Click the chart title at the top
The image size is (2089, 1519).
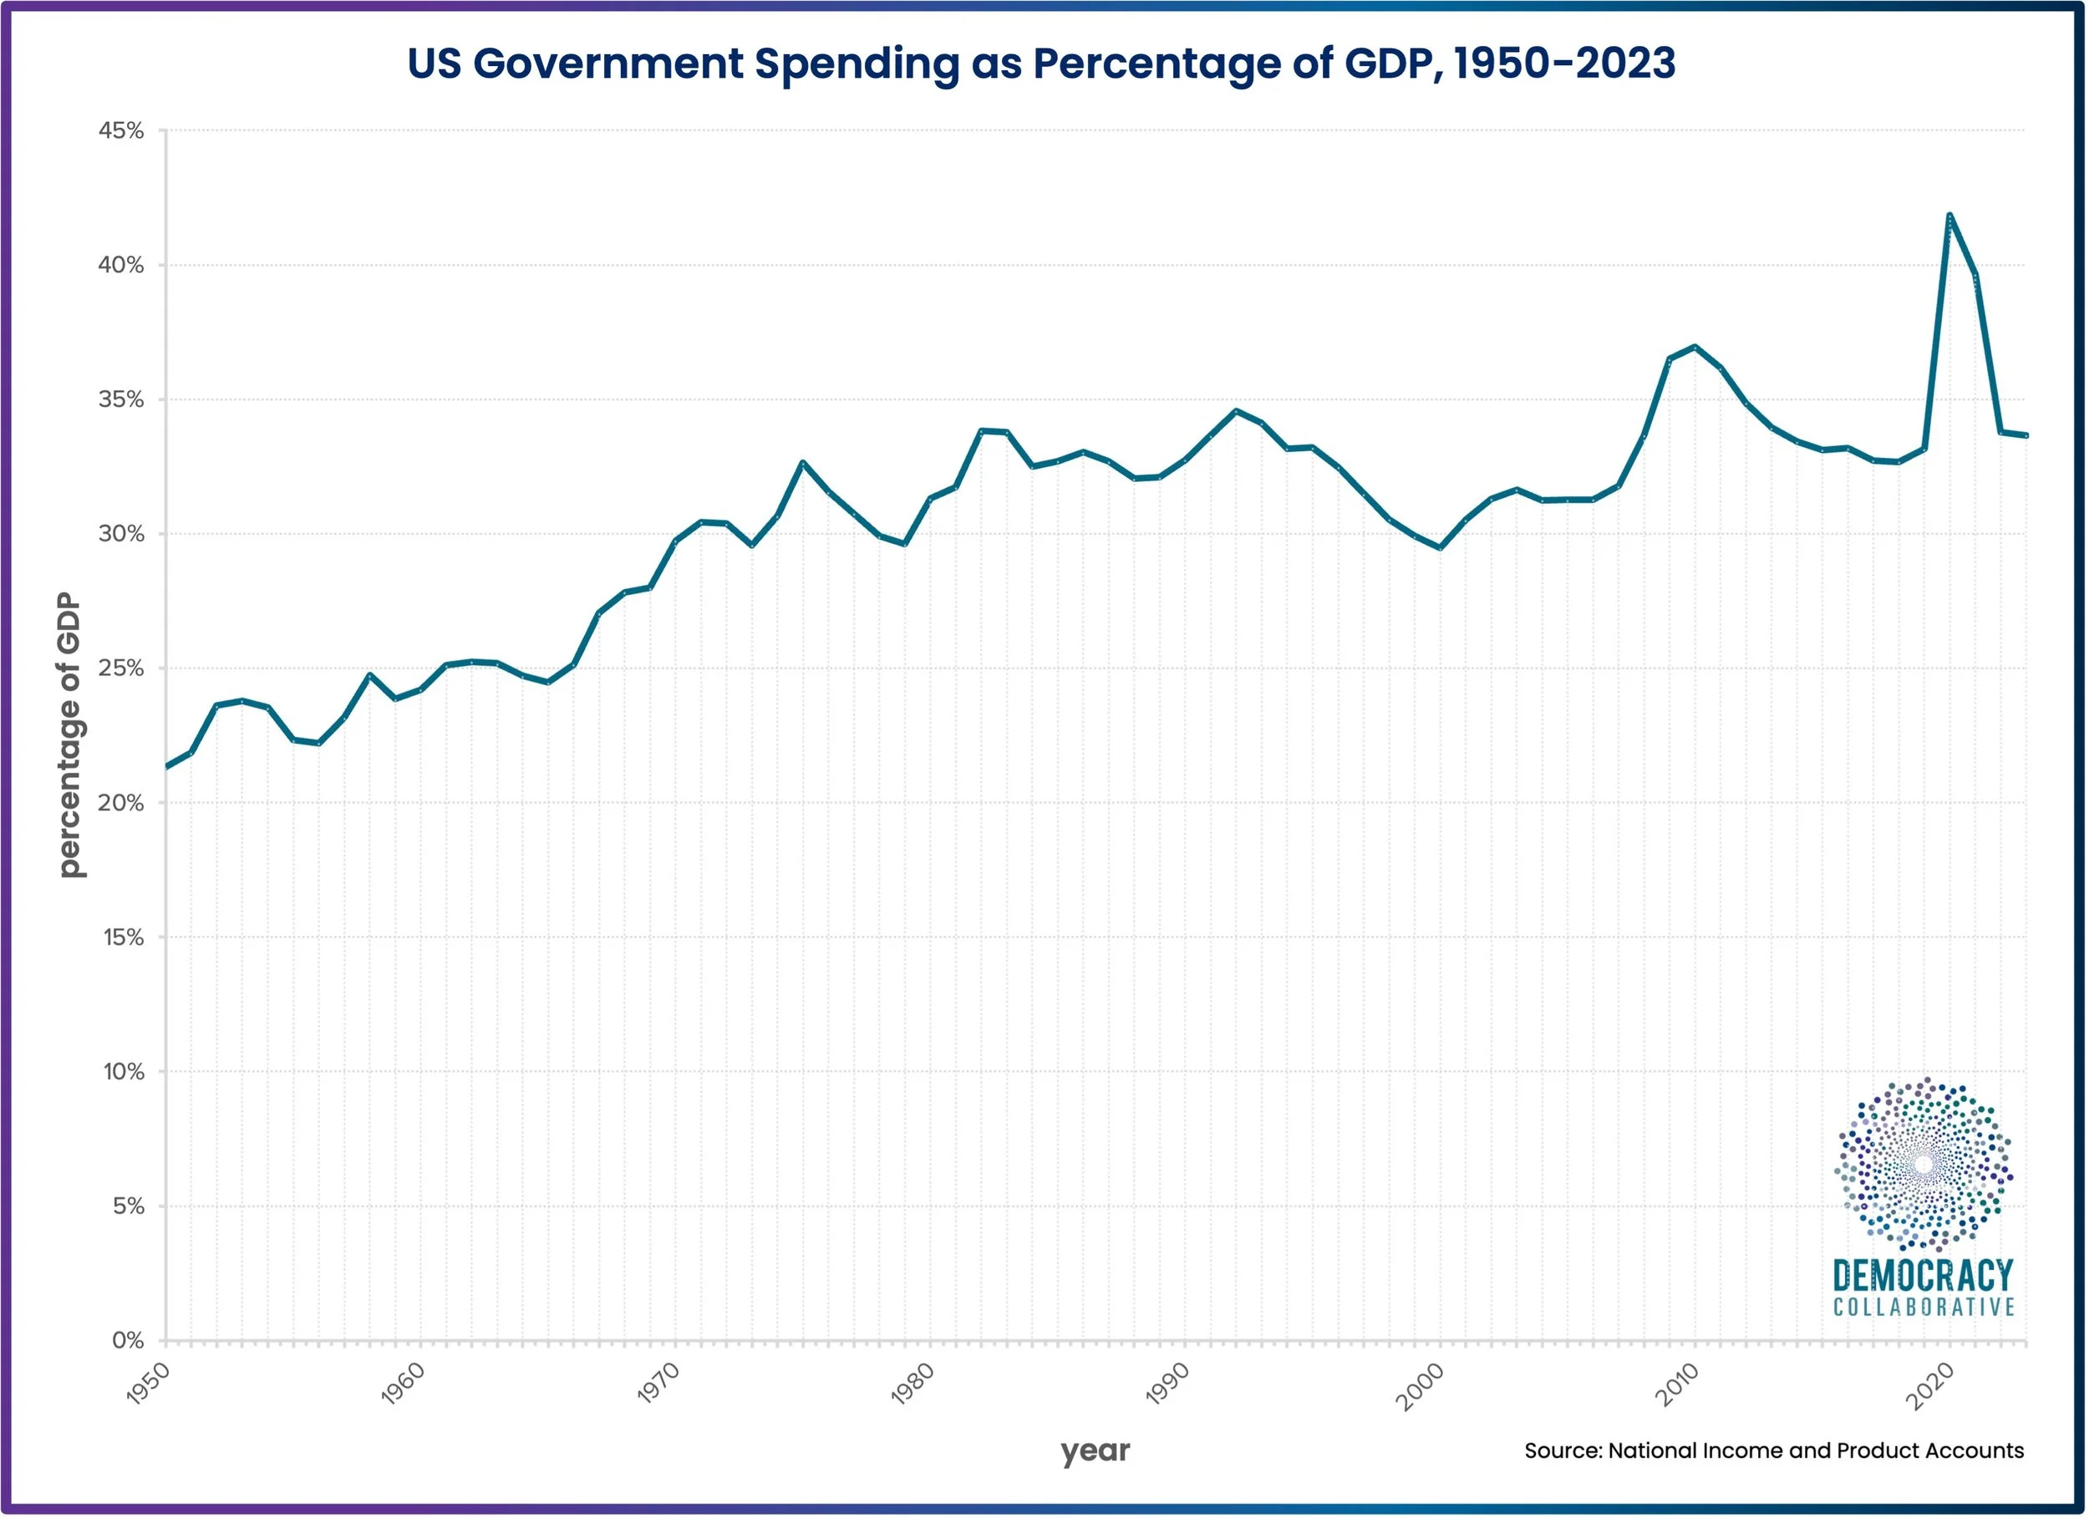click(1041, 64)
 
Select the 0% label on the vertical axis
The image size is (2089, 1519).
click(128, 1340)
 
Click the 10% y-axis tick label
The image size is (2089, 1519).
click(124, 1071)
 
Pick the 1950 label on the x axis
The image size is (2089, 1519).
click(148, 1384)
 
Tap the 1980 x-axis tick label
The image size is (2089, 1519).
click(912, 1384)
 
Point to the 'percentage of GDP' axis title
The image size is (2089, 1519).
click(70, 735)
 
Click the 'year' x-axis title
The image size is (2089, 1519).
click(1095, 1450)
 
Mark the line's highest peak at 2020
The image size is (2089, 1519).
click(1949, 216)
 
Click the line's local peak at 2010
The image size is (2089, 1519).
click(1695, 348)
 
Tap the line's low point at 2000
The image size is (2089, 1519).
click(1440, 548)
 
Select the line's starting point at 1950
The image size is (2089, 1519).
click(167, 766)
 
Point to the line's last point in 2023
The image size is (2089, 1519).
click(2025, 435)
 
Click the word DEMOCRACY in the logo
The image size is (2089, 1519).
click(1924, 1276)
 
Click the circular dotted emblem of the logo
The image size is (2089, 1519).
click(1924, 1165)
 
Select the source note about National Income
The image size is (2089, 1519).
click(1773, 1450)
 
